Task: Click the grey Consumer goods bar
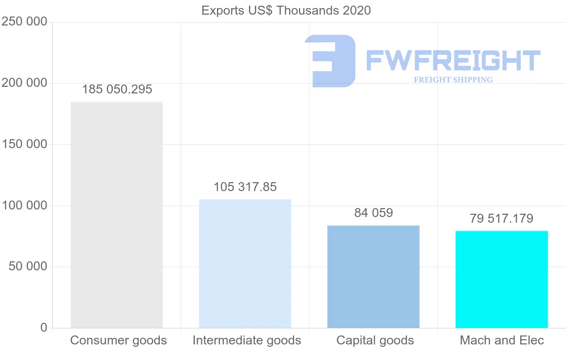(117, 215)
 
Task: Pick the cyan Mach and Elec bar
(501, 279)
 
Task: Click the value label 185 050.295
(117, 90)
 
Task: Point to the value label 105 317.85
(245, 187)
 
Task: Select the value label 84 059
(373, 213)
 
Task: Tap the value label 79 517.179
(501, 219)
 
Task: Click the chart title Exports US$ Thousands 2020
(286, 10)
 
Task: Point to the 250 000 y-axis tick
(25, 22)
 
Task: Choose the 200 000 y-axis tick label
(25, 83)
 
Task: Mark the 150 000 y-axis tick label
(25, 144)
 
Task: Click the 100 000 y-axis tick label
(25, 206)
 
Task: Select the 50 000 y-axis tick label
(28, 267)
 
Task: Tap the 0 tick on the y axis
(44, 328)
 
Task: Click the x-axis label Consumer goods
(118, 341)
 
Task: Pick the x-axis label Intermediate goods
(247, 341)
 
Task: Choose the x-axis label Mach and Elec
(502, 341)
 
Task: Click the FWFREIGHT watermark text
(453, 61)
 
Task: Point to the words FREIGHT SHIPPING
(453, 80)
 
